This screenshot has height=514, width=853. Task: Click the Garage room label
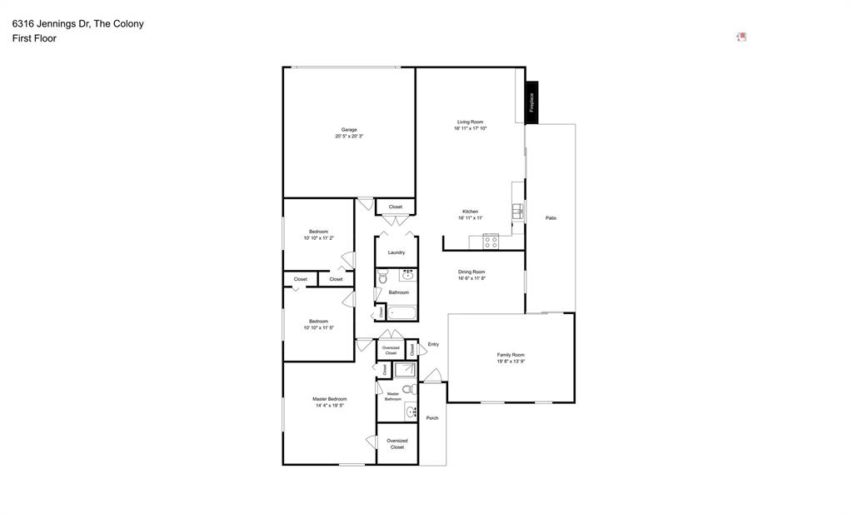(x=349, y=130)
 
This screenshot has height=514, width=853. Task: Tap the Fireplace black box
(x=531, y=102)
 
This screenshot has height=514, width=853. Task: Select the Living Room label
(x=470, y=122)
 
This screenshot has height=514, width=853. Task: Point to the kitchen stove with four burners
(x=491, y=242)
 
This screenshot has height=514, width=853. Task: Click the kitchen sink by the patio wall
(x=517, y=212)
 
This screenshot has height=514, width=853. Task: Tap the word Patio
(x=551, y=218)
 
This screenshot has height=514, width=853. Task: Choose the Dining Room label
(x=471, y=272)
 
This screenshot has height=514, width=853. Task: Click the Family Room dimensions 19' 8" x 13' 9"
(x=511, y=362)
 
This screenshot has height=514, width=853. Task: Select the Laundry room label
(x=396, y=252)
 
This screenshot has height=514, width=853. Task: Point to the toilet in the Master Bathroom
(x=408, y=389)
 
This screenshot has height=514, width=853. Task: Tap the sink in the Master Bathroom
(x=410, y=412)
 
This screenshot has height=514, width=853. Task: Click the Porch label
(x=431, y=418)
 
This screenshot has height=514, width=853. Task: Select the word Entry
(x=433, y=344)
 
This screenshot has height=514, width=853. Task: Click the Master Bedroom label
(x=330, y=399)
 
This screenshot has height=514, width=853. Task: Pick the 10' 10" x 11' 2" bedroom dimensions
(x=318, y=238)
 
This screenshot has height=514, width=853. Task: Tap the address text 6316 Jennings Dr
(x=49, y=23)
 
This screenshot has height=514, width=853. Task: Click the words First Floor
(x=34, y=38)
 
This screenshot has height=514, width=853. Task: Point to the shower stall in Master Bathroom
(x=405, y=370)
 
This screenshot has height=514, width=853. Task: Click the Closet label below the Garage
(x=395, y=207)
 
